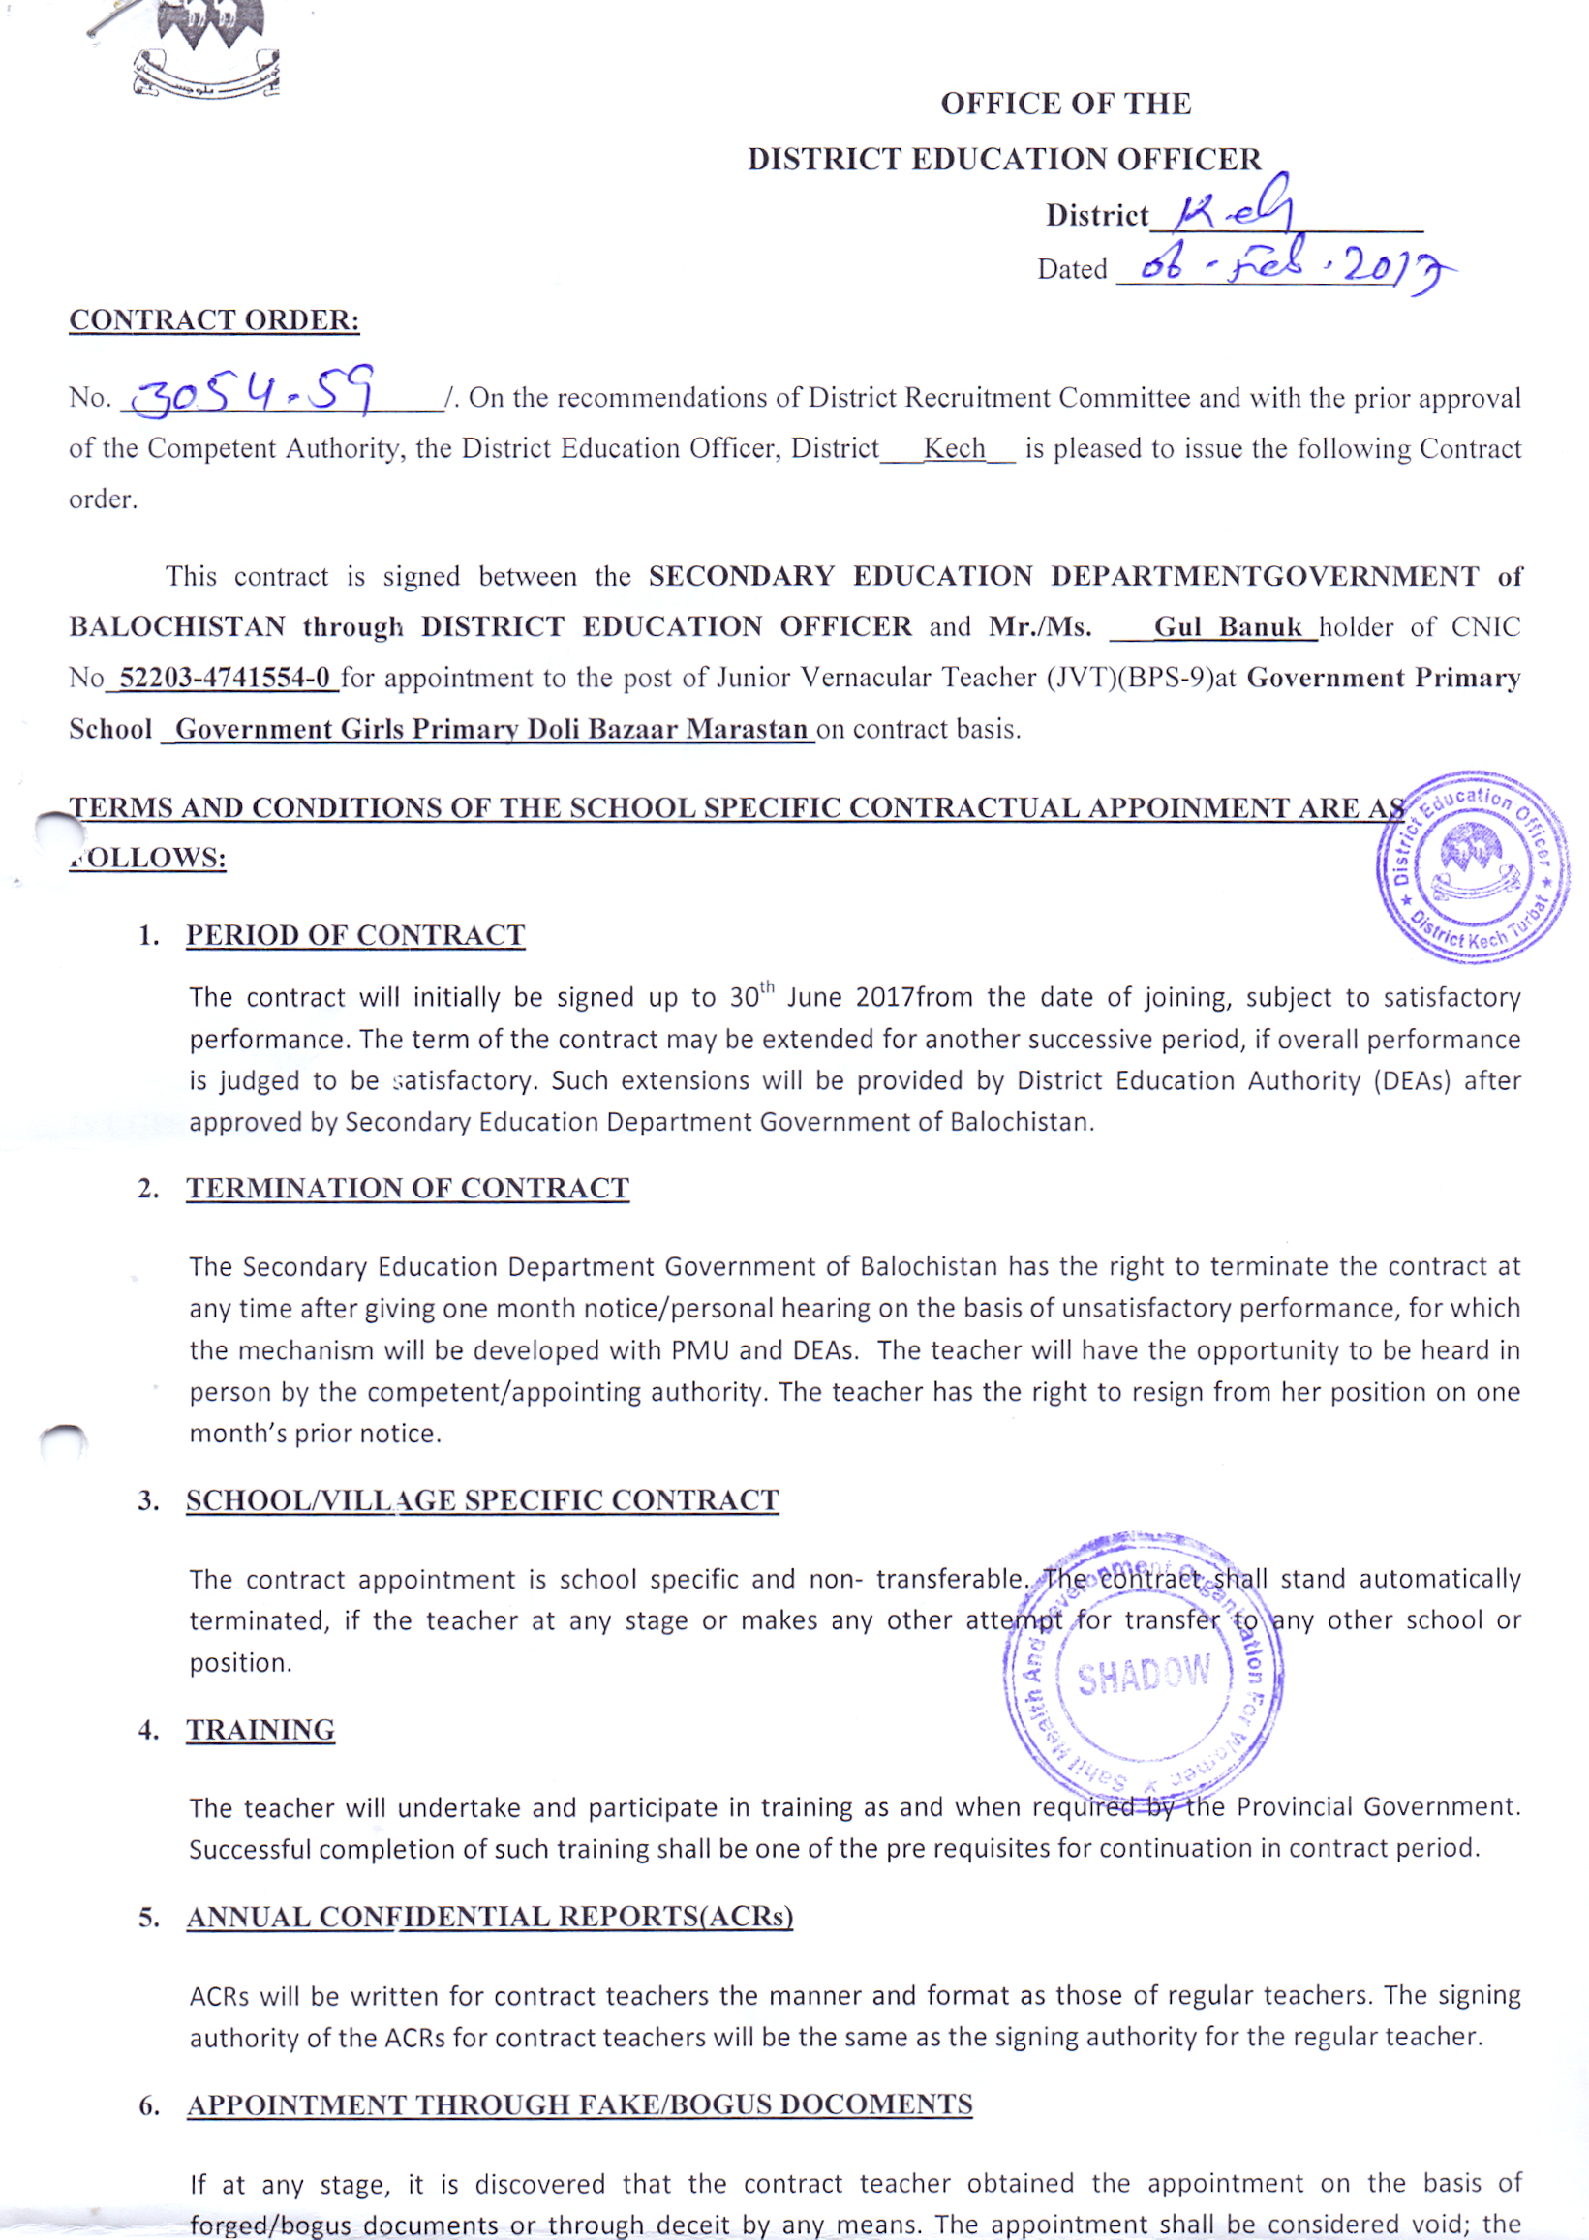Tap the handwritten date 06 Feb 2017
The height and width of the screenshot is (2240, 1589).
pyautogui.click(x=1282, y=265)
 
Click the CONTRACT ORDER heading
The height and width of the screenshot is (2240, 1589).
pyautogui.click(x=214, y=319)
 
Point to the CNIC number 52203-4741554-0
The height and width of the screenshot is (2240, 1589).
pyautogui.click(x=224, y=678)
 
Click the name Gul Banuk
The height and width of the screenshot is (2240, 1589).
pyautogui.click(x=1227, y=627)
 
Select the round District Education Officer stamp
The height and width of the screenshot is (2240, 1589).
pyautogui.click(x=1472, y=864)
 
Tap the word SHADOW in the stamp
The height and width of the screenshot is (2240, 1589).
pyautogui.click(x=1143, y=1676)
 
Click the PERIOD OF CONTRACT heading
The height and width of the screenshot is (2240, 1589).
pyautogui.click(x=355, y=935)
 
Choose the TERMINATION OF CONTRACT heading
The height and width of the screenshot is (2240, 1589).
pyautogui.click(x=407, y=1189)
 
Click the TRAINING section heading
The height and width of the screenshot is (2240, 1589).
pyautogui.click(x=260, y=1731)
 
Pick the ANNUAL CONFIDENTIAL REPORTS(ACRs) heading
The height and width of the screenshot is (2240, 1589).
pyautogui.click(x=489, y=1918)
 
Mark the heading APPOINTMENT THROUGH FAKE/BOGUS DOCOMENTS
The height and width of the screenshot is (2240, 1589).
pyautogui.click(x=579, y=2105)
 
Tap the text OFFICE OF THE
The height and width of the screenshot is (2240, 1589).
pyautogui.click(x=1065, y=104)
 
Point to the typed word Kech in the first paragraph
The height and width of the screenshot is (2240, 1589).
pyautogui.click(x=954, y=449)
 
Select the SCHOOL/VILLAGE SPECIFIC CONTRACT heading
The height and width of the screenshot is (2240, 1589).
pyautogui.click(x=482, y=1500)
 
